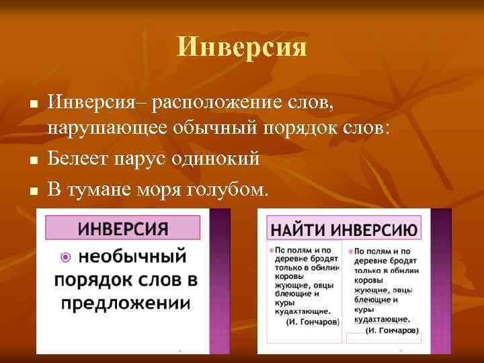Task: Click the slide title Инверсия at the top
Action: click(x=242, y=48)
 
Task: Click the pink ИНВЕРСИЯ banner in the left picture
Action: click(x=122, y=228)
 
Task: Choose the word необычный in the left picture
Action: click(x=131, y=256)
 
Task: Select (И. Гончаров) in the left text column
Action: click(x=313, y=321)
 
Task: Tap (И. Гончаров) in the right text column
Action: click(x=391, y=330)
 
